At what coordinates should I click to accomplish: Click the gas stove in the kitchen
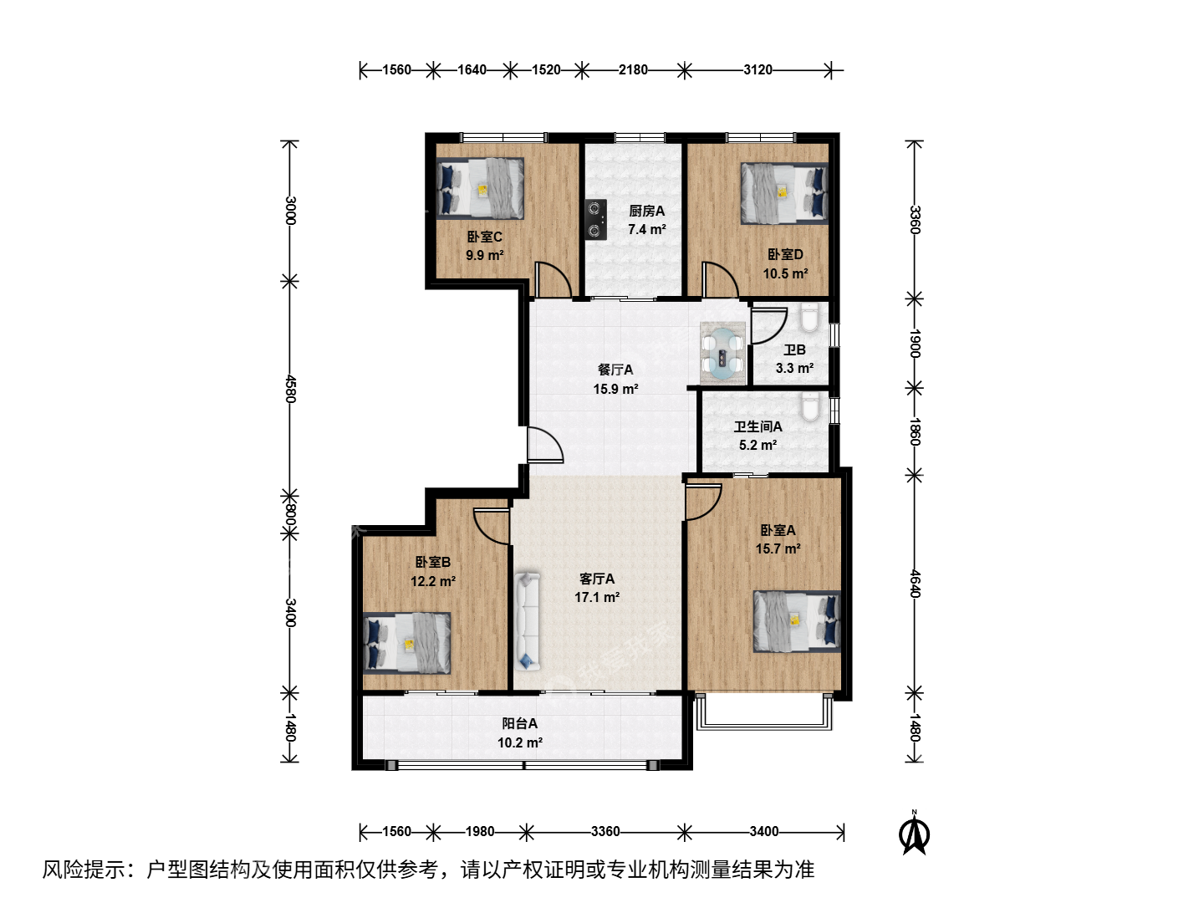click(595, 220)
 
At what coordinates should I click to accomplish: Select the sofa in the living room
click(527, 621)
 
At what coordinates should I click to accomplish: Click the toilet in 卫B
click(809, 318)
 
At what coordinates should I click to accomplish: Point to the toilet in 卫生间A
click(809, 407)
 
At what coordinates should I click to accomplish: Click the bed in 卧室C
click(481, 188)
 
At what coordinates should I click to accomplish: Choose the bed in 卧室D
click(784, 193)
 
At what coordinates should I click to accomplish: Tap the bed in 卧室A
click(797, 621)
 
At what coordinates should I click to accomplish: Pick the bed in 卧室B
click(407, 643)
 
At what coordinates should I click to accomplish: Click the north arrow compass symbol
click(914, 834)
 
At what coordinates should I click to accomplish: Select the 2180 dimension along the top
click(633, 69)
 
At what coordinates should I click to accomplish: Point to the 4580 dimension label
click(291, 389)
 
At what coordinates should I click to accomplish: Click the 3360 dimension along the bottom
click(605, 832)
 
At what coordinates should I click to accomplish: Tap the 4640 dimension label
click(915, 584)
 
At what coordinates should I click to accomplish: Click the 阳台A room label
click(519, 724)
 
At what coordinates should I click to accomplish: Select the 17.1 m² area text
click(597, 597)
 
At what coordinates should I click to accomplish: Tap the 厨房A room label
click(646, 211)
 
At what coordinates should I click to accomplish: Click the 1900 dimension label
click(915, 343)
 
